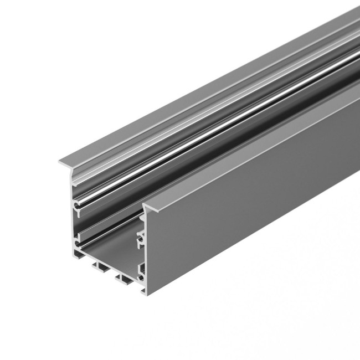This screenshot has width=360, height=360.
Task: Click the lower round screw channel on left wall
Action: point(75,244)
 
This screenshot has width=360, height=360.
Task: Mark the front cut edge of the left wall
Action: point(73,222)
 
